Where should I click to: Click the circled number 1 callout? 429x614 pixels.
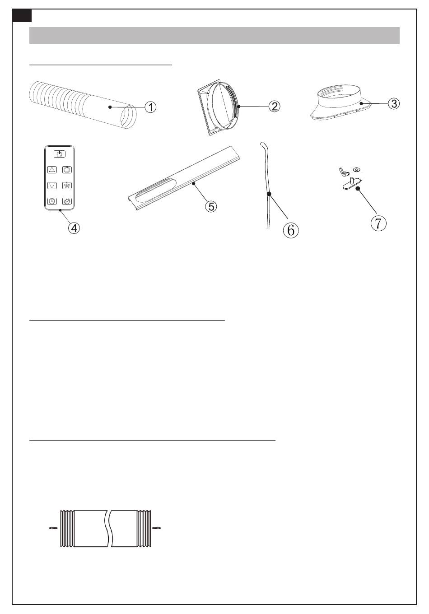[x=150, y=107]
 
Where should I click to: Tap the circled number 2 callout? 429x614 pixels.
[x=275, y=106]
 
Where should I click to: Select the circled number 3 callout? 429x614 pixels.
[x=394, y=103]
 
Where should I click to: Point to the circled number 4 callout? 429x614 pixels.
[x=74, y=228]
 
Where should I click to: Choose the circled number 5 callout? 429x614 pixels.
[x=211, y=206]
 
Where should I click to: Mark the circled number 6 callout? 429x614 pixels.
[x=291, y=230]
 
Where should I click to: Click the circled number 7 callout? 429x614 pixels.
[x=378, y=223]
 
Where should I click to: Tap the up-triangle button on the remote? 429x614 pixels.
[x=52, y=170]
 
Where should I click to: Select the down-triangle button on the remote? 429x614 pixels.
[x=52, y=186]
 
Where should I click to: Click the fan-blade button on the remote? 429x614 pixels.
[x=67, y=186]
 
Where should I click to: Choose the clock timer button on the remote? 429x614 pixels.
[x=52, y=201]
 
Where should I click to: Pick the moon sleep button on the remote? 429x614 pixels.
[x=67, y=201]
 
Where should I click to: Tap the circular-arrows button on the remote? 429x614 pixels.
[x=67, y=170]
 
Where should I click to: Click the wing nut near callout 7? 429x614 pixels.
[x=344, y=172]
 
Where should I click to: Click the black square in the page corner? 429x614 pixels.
[x=22, y=16]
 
